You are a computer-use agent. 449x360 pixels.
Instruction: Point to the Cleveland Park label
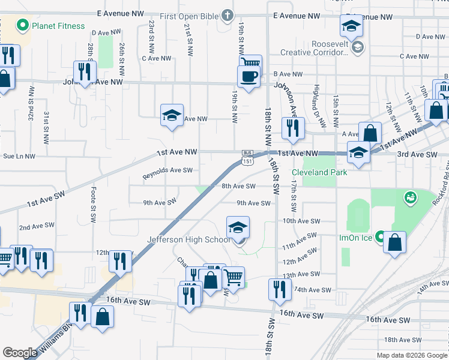[319, 172]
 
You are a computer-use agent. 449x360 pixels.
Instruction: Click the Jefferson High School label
[188, 240]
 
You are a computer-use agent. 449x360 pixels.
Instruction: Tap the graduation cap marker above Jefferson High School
[238, 227]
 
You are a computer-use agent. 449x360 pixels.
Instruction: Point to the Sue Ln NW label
[19, 156]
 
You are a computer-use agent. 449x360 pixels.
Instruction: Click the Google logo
[20, 352]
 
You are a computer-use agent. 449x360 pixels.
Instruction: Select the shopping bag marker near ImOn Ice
[395, 242]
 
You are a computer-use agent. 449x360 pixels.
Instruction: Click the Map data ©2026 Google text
[411, 355]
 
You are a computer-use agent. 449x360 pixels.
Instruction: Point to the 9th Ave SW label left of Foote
[159, 202]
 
